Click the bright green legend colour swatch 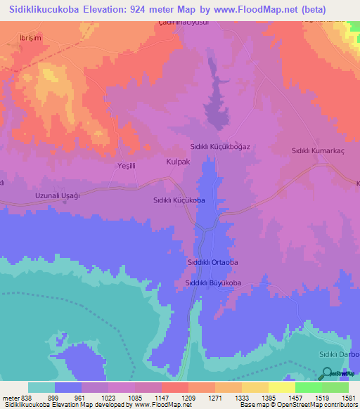(x=309, y=387)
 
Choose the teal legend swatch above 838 (x=41, y=387)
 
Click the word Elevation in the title (x=117, y=10)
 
